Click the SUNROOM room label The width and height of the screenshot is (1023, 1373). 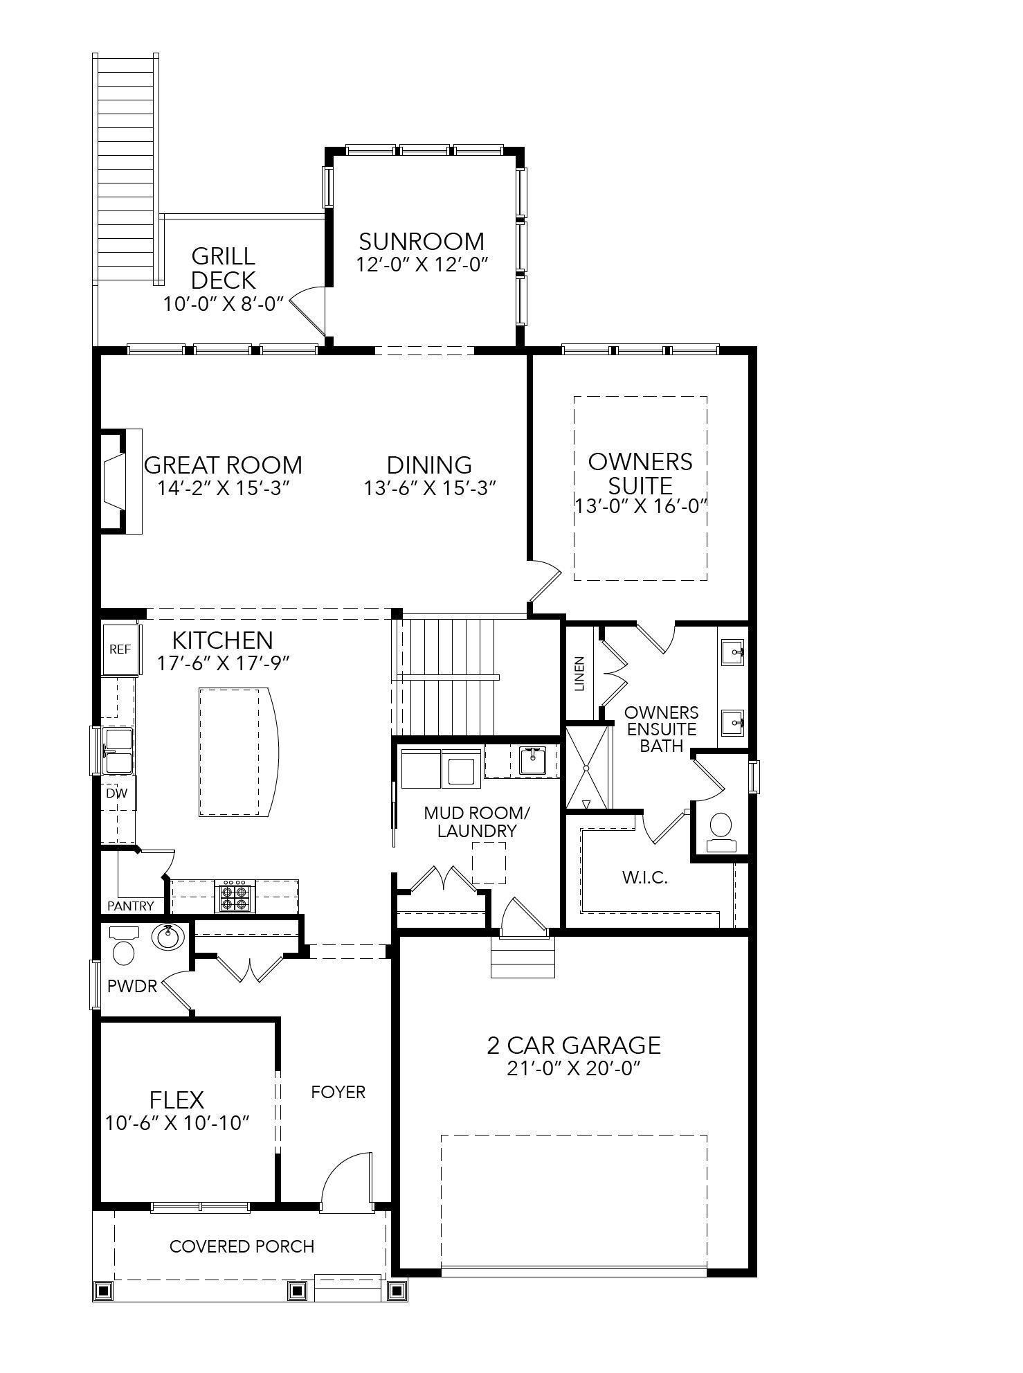(x=422, y=242)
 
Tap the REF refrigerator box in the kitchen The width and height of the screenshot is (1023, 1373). (x=120, y=649)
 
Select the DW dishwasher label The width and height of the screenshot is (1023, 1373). (x=117, y=793)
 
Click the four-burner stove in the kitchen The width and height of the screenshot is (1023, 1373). (x=235, y=897)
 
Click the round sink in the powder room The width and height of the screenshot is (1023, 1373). (x=168, y=937)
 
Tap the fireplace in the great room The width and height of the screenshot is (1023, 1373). (x=114, y=482)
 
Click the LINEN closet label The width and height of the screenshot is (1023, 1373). (x=580, y=673)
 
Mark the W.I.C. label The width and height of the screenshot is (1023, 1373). (x=644, y=878)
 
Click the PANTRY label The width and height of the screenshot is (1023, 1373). (x=131, y=906)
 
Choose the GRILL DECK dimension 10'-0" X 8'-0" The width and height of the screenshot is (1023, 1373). (x=224, y=304)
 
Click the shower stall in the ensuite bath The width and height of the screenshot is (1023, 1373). (x=587, y=767)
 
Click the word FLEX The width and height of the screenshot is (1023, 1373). (x=177, y=1100)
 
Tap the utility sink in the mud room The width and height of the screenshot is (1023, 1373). (x=532, y=760)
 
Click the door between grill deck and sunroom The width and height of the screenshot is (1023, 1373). (x=309, y=309)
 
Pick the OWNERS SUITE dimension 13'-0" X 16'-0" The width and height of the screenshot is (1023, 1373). (x=640, y=506)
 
